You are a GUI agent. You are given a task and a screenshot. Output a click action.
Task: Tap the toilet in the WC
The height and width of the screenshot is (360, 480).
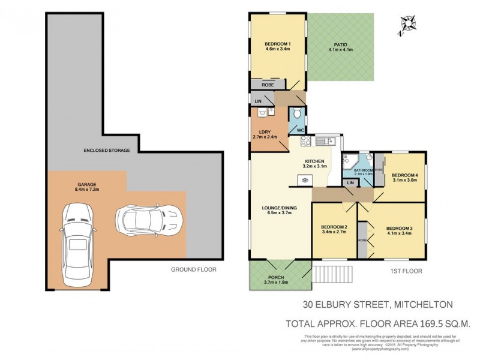[x=296, y=115]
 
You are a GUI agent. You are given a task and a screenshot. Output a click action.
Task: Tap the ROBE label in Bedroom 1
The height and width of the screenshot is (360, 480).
[x=267, y=86]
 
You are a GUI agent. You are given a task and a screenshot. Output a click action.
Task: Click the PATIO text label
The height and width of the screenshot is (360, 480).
[x=341, y=44]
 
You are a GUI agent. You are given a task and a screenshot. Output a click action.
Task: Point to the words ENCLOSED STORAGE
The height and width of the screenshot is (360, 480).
[x=106, y=150]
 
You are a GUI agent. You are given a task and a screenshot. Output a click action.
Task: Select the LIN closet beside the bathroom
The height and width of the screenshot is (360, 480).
[x=350, y=182]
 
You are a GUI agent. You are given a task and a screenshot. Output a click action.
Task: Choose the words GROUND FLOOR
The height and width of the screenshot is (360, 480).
[x=193, y=270]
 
